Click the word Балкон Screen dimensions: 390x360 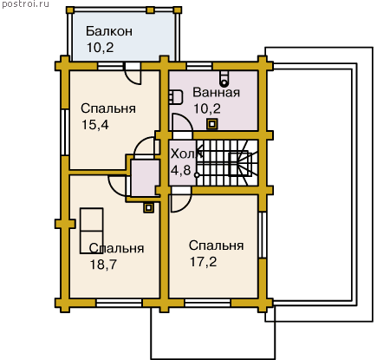pyautogui.click(x=109, y=31)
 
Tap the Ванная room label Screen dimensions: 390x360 pyautogui.click(x=217, y=92)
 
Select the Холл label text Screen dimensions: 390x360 pyautogui.click(x=185, y=154)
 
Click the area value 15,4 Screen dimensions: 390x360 pyautogui.click(x=95, y=125)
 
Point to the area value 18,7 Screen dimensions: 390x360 pyautogui.click(x=103, y=264)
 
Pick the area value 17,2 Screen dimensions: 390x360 pyautogui.click(x=203, y=262)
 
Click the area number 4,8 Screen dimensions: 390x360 pyautogui.click(x=180, y=170)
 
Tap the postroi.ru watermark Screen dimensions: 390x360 pyautogui.click(x=25, y=4)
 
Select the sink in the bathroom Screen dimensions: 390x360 pyautogui.click(x=176, y=97)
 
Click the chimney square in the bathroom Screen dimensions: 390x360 pyautogui.click(x=212, y=124)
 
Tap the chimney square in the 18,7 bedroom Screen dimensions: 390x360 pyautogui.click(x=148, y=207)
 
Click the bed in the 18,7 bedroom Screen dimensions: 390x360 pyautogui.click(x=92, y=231)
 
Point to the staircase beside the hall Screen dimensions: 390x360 pyautogui.click(x=227, y=163)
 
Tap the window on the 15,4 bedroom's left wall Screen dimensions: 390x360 pyautogui.click(x=65, y=133)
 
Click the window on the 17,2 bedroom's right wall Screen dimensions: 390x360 pyautogui.click(x=263, y=235)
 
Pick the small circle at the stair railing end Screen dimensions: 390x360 pyautogui.click(x=197, y=175)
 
